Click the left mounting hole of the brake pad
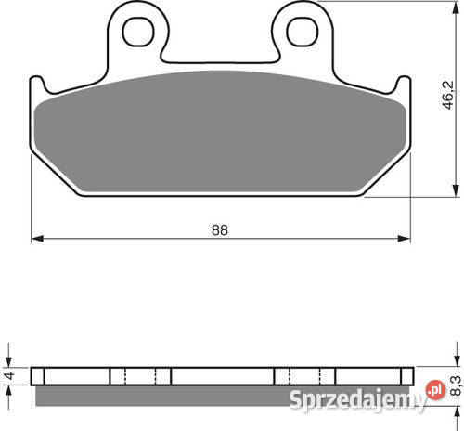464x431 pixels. coord(138,32)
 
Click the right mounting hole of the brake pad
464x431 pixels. coord(303,32)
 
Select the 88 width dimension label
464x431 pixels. coord(220,230)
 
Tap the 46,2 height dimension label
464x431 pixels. coord(447,95)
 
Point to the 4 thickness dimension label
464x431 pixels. coord(10,376)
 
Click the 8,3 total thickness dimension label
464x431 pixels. coord(456,386)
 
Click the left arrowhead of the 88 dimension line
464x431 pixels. coord(37,239)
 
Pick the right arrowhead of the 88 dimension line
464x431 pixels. coord(404,239)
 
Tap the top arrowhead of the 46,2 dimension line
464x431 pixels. coord(456,7)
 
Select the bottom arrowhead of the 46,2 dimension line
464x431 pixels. coord(456,190)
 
